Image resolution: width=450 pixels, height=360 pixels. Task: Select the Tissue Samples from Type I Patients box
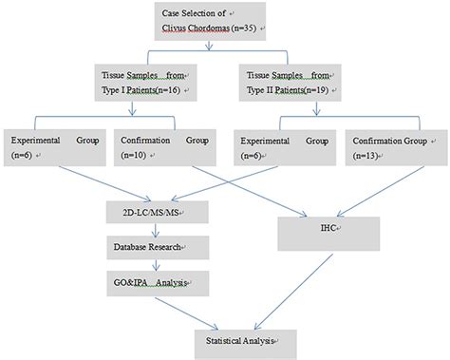(x=148, y=83)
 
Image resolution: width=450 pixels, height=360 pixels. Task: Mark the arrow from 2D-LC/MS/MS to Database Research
(x=145, y=229)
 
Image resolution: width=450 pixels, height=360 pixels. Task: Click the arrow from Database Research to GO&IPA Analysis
(x=145, y=265)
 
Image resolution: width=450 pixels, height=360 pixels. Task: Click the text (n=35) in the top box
(x=237, y=31)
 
